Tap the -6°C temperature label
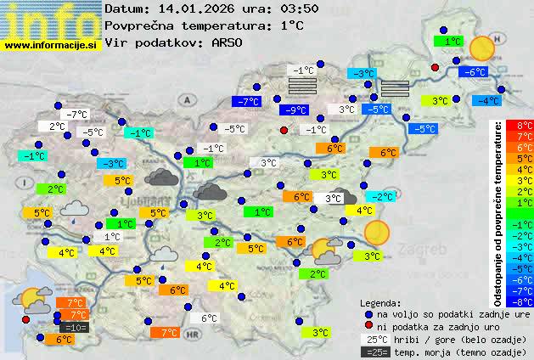473,72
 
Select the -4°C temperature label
486,100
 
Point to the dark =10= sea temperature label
72,326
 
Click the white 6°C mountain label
208,318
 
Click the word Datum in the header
126,8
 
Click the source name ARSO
231,42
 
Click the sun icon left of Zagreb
375,232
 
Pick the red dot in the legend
367,326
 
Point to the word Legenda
379,303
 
